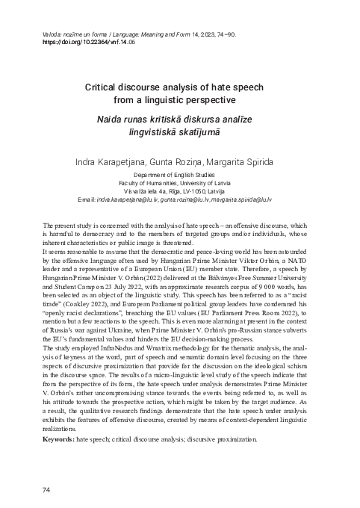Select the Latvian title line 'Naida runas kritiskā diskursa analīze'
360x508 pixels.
[179, 117]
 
